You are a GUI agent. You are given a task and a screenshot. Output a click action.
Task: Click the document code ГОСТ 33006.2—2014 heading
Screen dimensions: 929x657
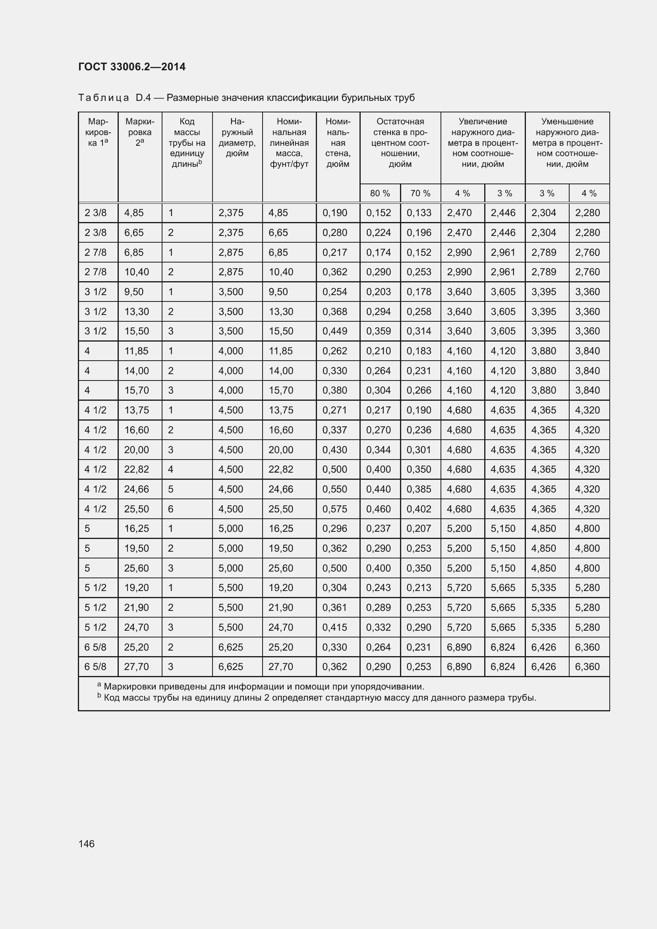pyautogui.click(x=132, y=67)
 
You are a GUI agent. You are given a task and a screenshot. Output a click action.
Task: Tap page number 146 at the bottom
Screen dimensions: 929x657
pyautogui.click(x=87, y=843)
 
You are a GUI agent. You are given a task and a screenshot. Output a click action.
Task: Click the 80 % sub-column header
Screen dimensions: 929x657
pyautogui.click(x=380, y=193)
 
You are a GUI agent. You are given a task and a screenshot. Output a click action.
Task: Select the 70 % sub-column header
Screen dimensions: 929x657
pyautogui.click(x=420, y=193)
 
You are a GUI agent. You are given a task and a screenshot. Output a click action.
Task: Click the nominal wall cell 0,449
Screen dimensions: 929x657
pyautogui.click(x=334, y=331)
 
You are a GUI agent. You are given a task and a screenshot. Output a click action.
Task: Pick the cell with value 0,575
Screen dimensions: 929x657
pyautogui.click(x=334, y=509)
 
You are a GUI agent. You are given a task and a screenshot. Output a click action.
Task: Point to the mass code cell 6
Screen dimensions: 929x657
pyautogui.click(x=170, y=509)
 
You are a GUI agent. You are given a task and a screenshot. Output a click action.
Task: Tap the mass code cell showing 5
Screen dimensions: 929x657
pyautogui.click(x=170, y=489)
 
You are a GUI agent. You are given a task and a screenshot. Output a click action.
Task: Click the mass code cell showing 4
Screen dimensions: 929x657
pyautogui.click(x=170, y=469)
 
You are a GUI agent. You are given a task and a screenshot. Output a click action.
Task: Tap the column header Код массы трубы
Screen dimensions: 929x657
pyautogui.click(x=187, y=143)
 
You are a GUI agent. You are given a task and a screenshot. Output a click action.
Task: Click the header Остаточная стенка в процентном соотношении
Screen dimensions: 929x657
pyautogui.click(x=400, y=143)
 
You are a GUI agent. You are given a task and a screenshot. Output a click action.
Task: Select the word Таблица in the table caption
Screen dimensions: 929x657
pyautogui.click(x=104, y=98)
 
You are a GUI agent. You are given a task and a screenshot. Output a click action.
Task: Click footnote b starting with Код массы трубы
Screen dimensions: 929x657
pyautogui.click(x=320, y=697)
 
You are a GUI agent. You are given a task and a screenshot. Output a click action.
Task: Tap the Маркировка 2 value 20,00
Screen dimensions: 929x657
pyautogui.click(x=136, y=450)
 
